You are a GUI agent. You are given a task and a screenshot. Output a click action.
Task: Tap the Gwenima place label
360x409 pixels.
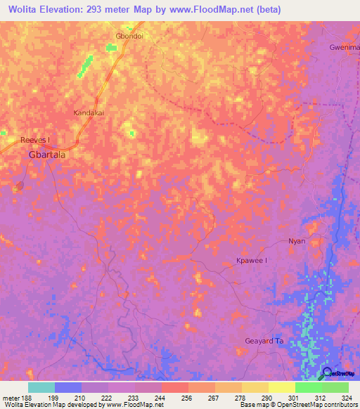pyautogui.click(x=345, y=47)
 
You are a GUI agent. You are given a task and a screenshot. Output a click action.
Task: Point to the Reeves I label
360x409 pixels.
pyautogui.click(x=34, y=140)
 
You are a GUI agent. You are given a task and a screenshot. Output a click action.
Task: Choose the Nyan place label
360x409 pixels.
pyautogui.click(x=297, y=241)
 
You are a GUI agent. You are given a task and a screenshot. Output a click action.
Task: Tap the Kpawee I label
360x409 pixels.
pyautogui.click(x=251, y=261)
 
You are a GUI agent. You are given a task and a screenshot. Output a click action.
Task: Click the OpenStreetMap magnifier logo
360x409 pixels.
pyautogui.click(x=327, y=373)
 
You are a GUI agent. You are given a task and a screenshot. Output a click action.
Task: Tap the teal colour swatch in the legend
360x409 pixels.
pyautogui.click(x=41, y=387)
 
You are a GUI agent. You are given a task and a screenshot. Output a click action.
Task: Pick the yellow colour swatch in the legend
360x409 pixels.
pyautogui.click(x=281, y=387)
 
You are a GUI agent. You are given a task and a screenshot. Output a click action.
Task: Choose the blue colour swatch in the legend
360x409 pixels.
pyautogui.click(x=68, y=387)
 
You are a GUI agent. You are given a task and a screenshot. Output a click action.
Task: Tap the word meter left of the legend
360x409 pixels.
pyautogui.click(x=11, y=397)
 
